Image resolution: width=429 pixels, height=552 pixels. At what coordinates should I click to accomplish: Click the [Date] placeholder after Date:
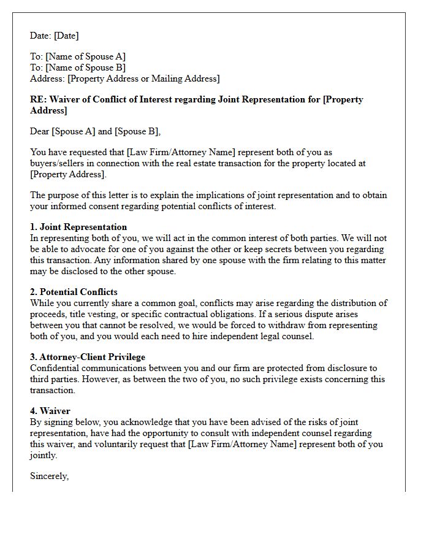point(66,36)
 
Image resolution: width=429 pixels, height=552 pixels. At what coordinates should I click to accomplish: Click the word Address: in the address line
point(48,79)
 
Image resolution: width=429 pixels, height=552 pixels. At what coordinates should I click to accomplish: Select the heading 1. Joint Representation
point(78,227)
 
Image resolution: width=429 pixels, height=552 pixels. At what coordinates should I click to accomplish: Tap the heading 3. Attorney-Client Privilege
point(88,357)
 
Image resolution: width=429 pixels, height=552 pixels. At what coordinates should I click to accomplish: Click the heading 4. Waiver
point(50,412)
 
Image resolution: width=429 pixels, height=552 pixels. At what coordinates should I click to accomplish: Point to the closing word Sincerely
point(50,475)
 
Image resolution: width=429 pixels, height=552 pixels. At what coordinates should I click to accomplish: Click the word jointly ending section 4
point(44,455)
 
